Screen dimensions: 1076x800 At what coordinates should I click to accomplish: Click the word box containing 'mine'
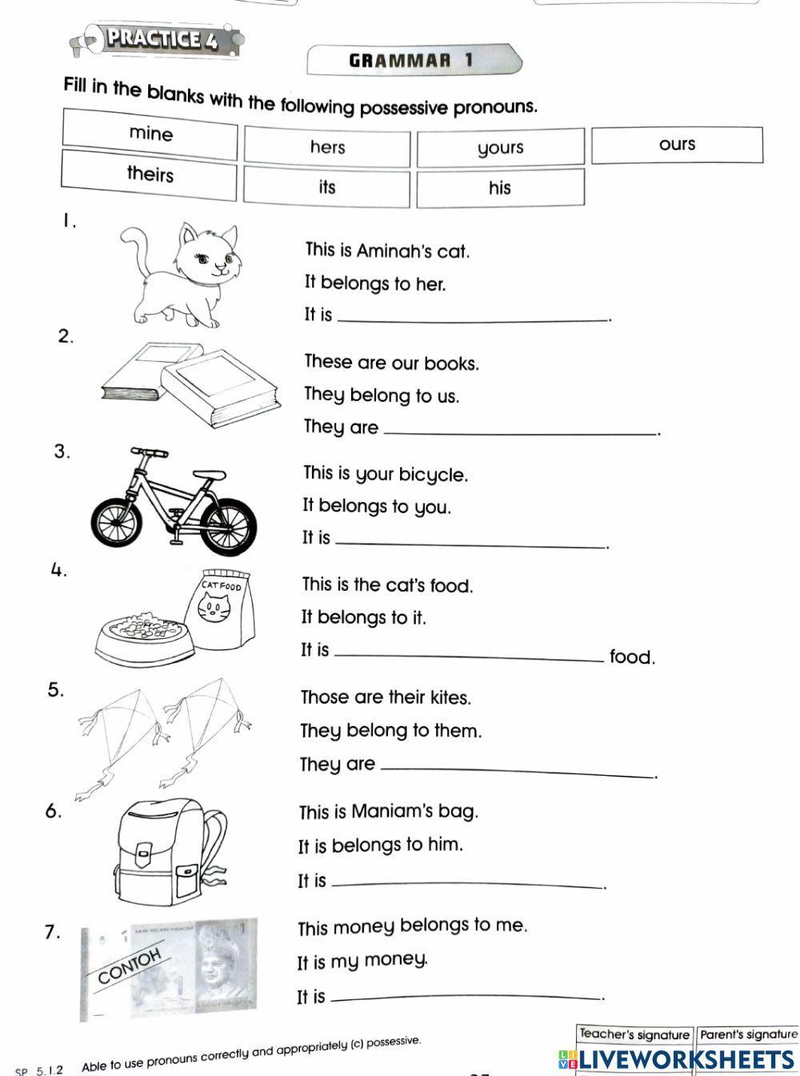point(150,134)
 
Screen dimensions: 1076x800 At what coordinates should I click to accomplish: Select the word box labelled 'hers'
point(327,147)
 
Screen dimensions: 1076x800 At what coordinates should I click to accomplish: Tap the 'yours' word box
point(500,148)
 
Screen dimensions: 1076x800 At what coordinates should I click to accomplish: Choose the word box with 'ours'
point(677,145)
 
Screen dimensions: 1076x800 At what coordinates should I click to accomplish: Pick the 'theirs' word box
point(150,175)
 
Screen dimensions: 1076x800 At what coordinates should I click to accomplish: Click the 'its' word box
point(326,187)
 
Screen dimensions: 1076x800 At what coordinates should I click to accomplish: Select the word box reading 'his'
point(500,188)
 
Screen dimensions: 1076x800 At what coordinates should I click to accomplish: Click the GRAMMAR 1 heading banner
point(412,60)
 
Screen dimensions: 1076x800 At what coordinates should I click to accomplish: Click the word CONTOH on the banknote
point(130,966)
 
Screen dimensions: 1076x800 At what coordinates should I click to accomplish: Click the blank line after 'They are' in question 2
point(520,433)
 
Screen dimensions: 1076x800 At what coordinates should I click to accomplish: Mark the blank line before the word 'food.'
point(469,658)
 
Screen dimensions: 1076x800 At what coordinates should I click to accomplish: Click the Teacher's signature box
point(634,1034)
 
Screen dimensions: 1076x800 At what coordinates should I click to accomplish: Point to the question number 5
point(55,690)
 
